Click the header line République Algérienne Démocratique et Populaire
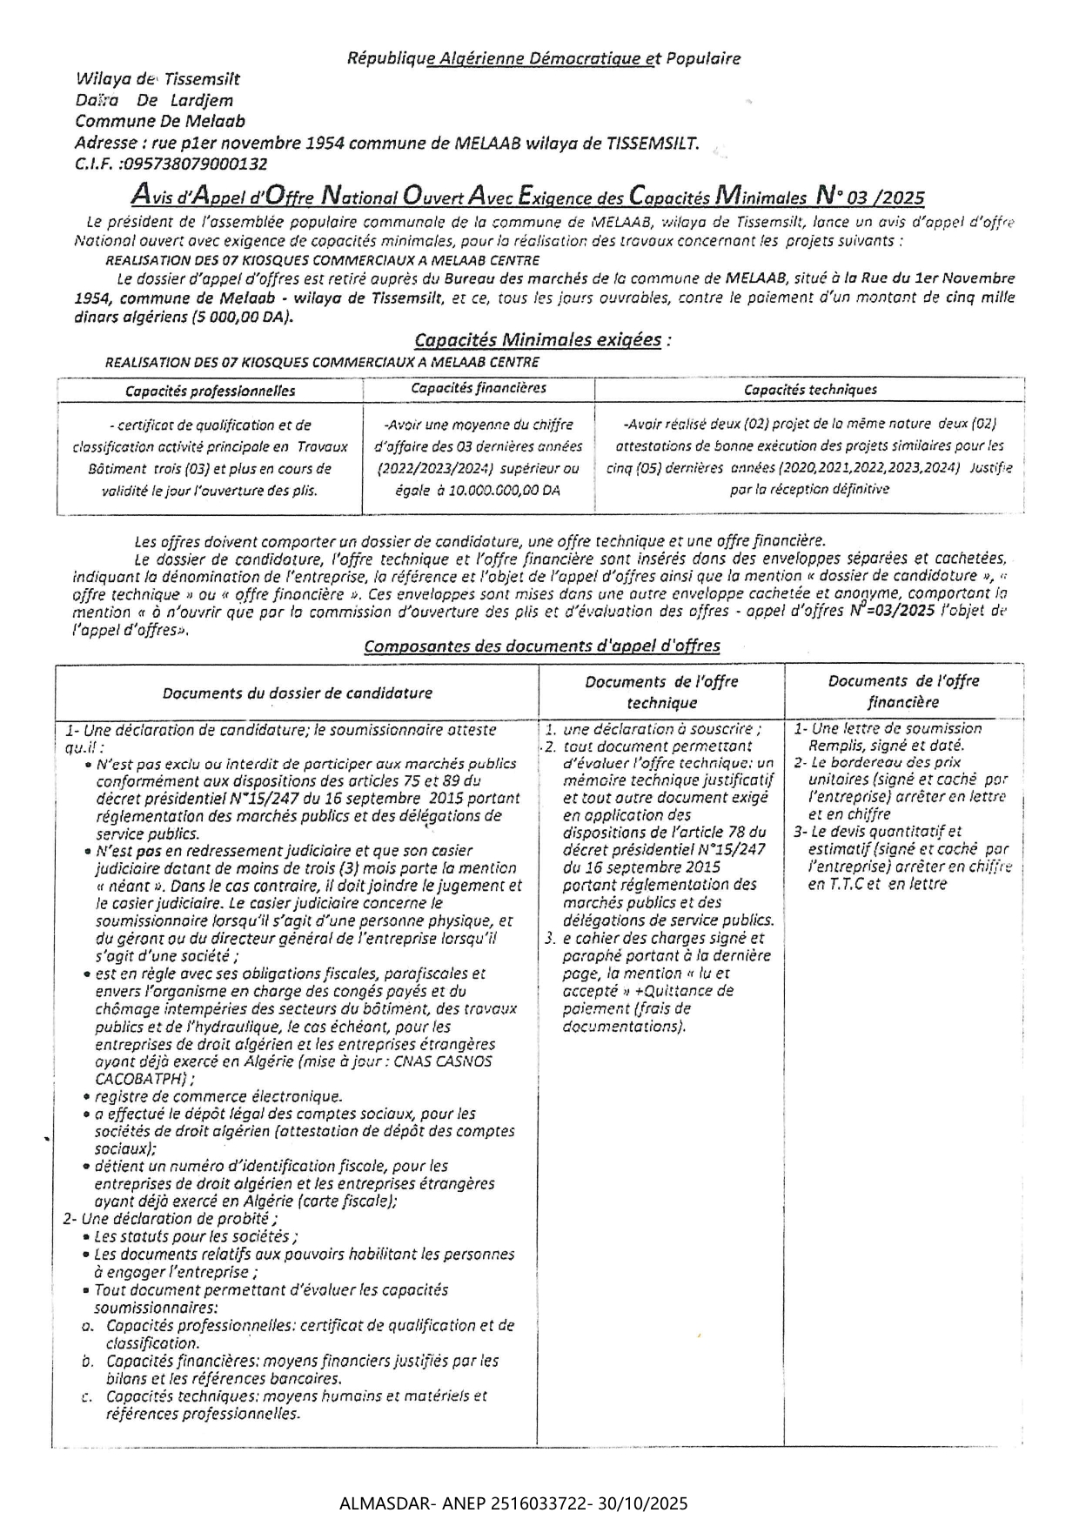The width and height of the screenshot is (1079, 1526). coord(544,59)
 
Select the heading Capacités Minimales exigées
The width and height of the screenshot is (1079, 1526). coord(538,340)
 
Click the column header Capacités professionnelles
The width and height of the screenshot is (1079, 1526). coord(210,392)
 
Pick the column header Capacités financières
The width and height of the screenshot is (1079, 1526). coord(479,389)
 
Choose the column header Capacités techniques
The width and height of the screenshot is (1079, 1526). coord(810,390)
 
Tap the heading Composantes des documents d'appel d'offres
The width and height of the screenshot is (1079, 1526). coord(541,646)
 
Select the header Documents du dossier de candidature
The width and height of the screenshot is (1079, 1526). coord(297,693)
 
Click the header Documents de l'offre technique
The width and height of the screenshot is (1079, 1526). coord(661,693)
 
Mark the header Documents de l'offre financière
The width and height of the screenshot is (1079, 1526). coord(903,692)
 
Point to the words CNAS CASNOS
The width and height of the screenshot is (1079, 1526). coord(443,1062)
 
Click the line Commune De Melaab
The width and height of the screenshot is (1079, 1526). coord(160,122)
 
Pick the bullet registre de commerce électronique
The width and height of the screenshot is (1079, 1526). coord(218,1097)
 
